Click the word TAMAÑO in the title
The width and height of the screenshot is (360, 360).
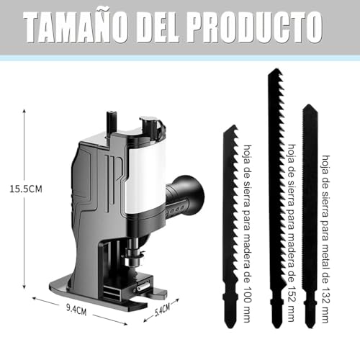76,27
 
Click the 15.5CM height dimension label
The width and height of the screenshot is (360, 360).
26,189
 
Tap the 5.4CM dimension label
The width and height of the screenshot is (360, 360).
162,310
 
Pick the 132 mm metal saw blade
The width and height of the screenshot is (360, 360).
310,216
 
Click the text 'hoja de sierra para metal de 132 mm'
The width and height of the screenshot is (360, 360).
325,239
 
